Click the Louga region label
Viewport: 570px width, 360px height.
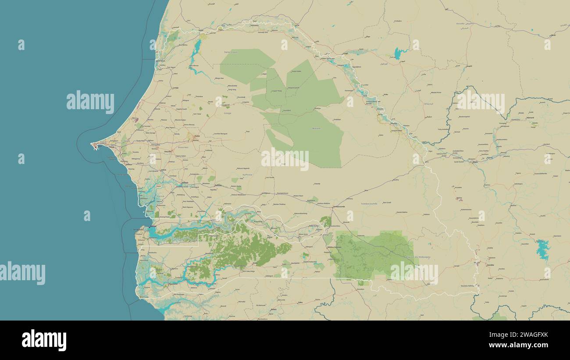pyautogui.click(x=227, y=113)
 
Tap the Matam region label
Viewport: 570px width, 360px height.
pyautogui.click(x=316, y=128)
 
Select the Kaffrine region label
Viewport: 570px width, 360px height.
pyautogui.click(x=247, y=175)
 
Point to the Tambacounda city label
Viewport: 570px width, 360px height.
pyautogui.click(x=338, y=207)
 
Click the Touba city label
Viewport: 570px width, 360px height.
pyautogui.click(x=197, y=136)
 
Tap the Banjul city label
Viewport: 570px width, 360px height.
pyautogui.click(x=152, y=227)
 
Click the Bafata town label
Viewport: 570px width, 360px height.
pyautogui.click(x=273, y=310)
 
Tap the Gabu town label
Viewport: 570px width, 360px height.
pyautogui.click(x=300, y=303)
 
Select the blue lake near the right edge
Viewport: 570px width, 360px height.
pyautogui.click(x=543, y=249)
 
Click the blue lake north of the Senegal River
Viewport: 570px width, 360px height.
pyautogui.click(x=398, y=53)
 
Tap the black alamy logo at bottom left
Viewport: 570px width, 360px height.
pyautogui.click(x=44, y=340)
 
